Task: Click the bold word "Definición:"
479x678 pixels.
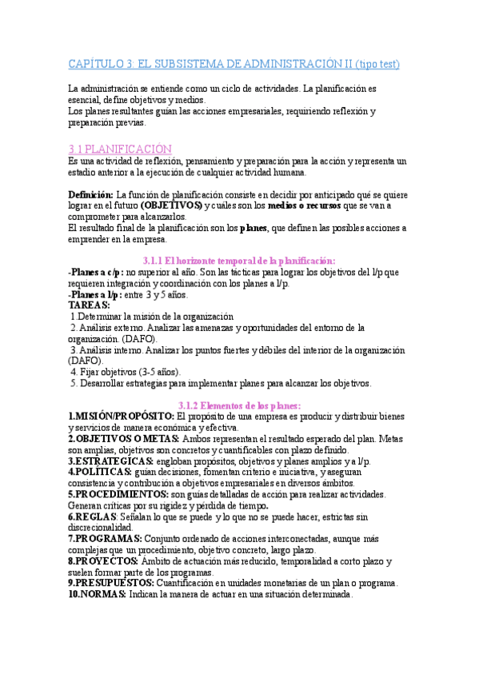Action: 91,194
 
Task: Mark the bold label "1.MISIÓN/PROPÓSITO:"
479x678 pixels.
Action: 121,417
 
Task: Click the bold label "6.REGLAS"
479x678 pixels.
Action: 93,517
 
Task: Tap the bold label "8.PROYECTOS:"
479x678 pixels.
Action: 103,561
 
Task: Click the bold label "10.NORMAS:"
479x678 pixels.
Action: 99,595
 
